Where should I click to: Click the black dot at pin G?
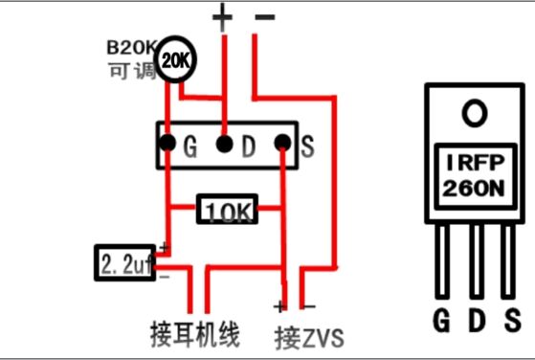coord(167,143)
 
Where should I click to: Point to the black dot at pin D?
coord(225,144)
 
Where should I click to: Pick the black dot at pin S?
coord(283,143)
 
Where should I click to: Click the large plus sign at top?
coord(222,17)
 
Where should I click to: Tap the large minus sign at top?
coord(265,17)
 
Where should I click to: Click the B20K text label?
coord(131,48)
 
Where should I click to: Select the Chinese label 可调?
coord(132,71)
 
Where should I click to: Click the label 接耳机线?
coord(195,333)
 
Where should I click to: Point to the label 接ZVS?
coord(309,338)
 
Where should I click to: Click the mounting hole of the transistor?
coord(475,113)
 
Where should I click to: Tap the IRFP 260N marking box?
coord(475,177)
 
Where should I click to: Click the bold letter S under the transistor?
coord(512,320)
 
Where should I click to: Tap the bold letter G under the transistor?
coord(442,320)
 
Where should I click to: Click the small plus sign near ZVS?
coord(279,306)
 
